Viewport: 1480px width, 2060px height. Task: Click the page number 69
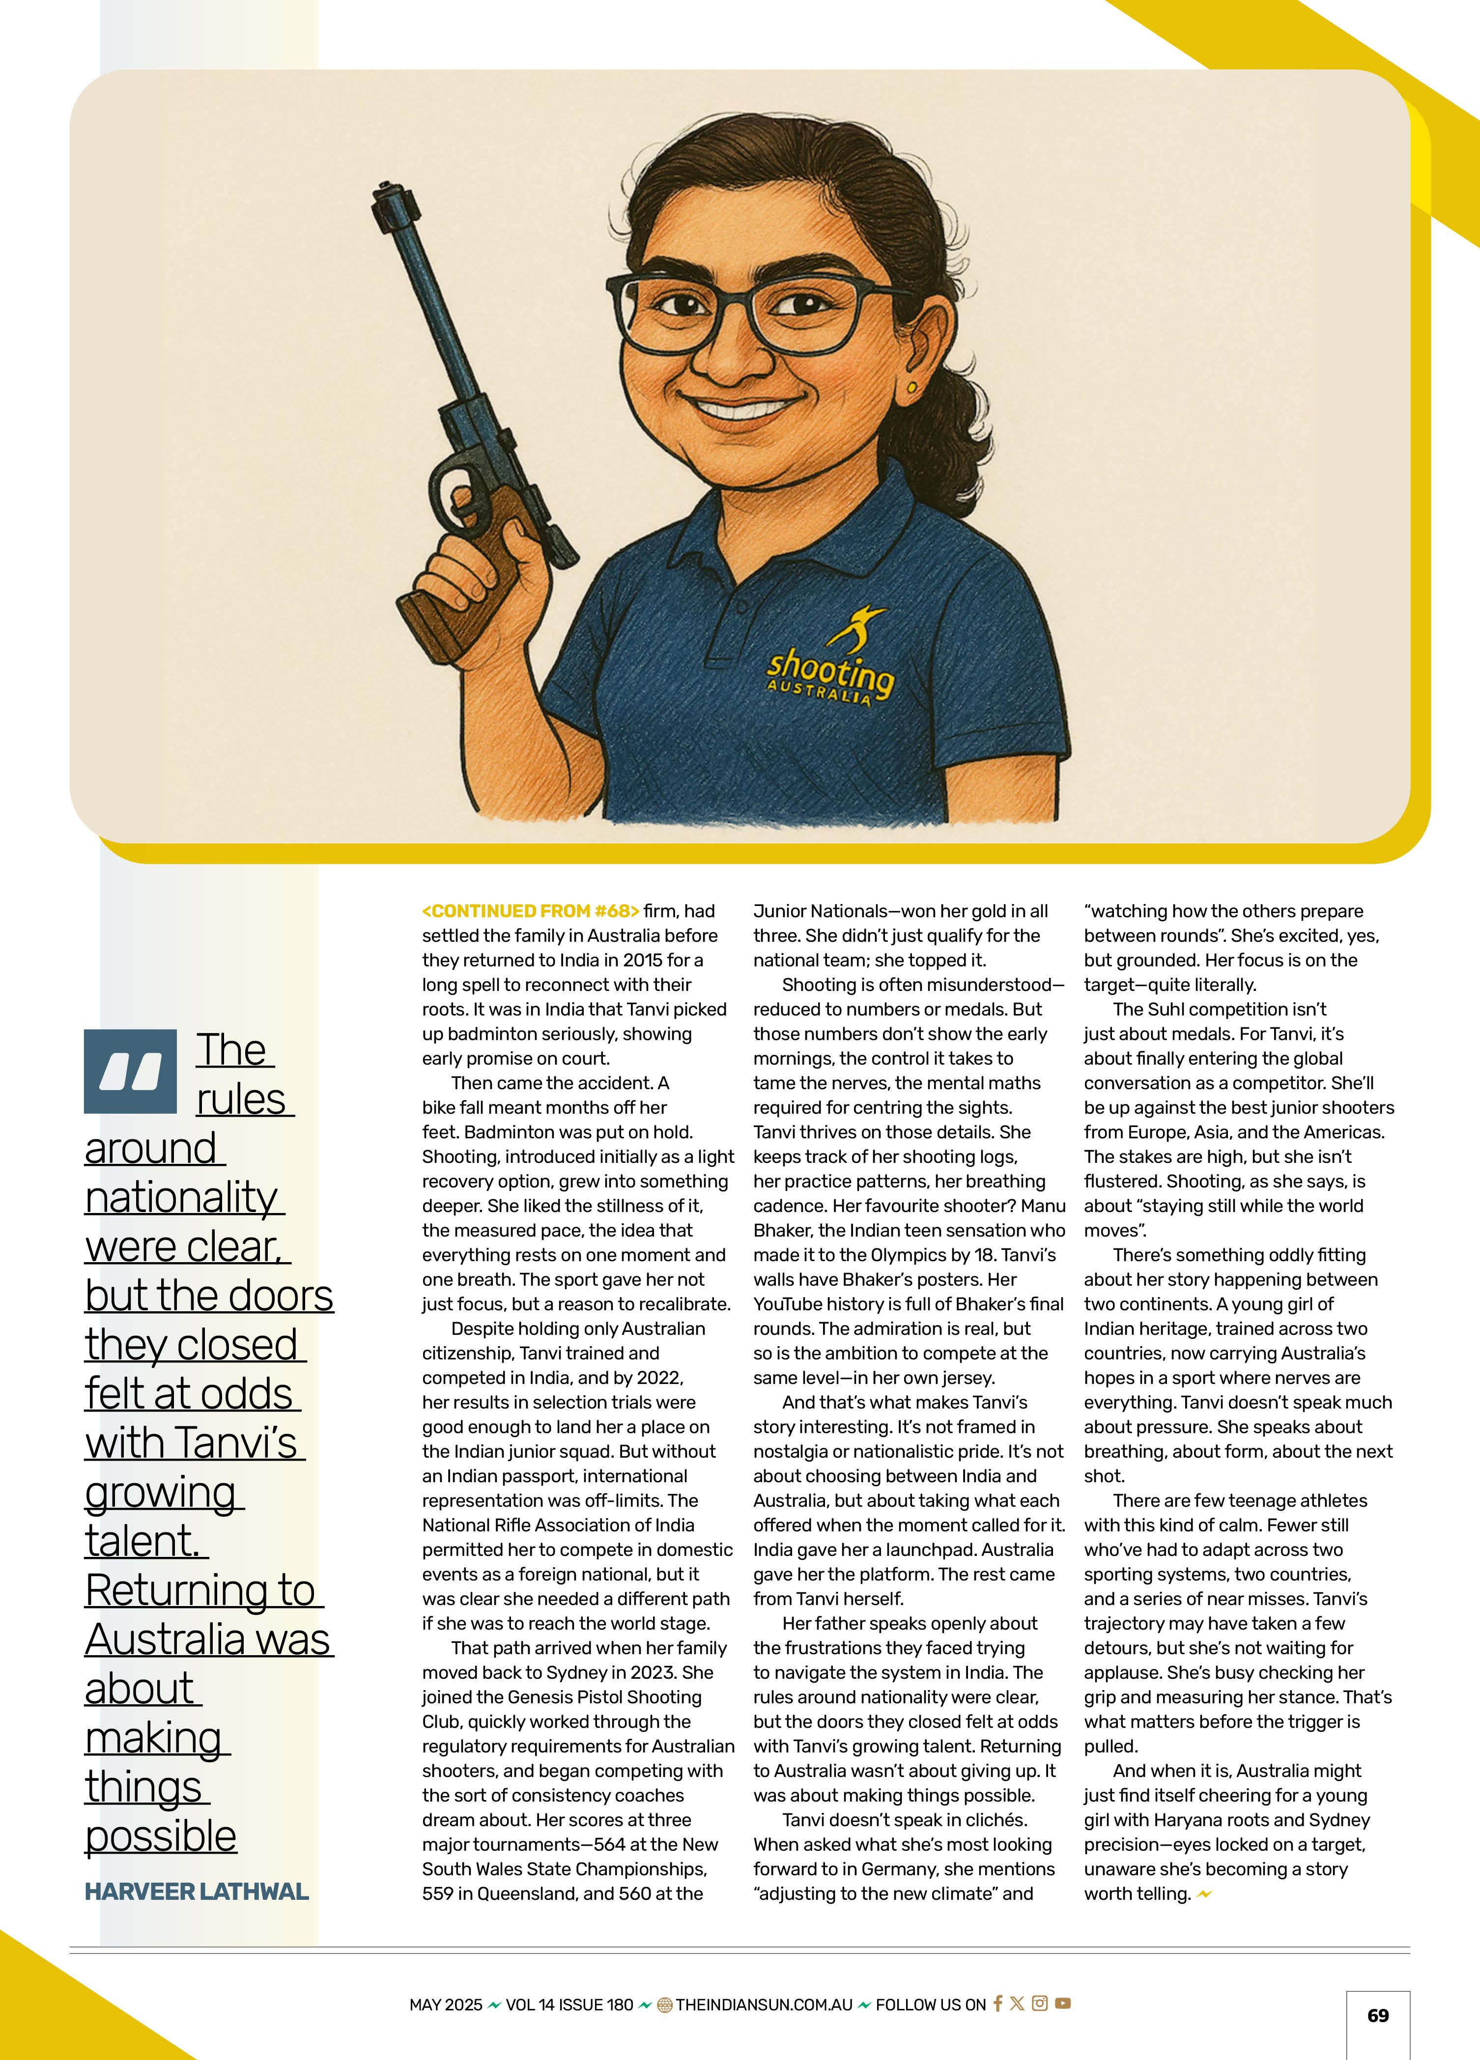coord(1377,2015)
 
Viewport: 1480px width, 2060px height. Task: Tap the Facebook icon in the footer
coord(997,2003)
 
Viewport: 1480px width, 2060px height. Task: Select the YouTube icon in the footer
coord(1063,2003)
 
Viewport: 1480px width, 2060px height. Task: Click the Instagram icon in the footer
coord(1040,2003)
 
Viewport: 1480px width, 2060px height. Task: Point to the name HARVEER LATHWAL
coord(196,1892)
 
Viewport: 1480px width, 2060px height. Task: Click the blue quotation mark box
coord(130,1072)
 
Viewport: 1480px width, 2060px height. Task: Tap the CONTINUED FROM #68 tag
coord(531,911)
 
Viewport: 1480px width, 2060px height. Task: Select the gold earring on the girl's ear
coord(911,388)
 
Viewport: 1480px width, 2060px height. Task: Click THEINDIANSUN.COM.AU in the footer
coord(764,2004)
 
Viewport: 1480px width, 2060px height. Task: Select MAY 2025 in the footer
coord(445,2004)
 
